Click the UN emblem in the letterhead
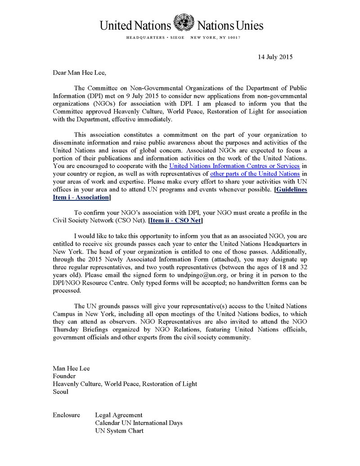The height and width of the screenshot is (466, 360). pyautogui.click(x=184, y=22)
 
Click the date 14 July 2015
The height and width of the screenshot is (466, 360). pyautogui.click(x=275, y=57)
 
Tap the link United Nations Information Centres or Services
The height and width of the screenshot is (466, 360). pyautogui.click(x=234, y=166)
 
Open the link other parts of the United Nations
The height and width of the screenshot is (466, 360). pyautogui.click(x=255, y=173)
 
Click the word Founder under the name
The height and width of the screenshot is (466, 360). pyautogui.click(x=64, y=376)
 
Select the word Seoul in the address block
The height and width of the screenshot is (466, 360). pyautogui.click(x=61, y=392)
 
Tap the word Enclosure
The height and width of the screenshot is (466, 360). pyautogui.click(x=67, y=415)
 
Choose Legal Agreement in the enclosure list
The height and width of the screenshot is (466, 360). pyautogui.click(x=119, y=415)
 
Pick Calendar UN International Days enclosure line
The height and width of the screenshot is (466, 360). pyautogui.click(x=139, y=423)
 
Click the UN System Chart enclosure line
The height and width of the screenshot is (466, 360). pyautogui.click(x=119, y=431)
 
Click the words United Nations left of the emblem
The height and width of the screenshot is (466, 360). pyautogui.click(x=135, y=25)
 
